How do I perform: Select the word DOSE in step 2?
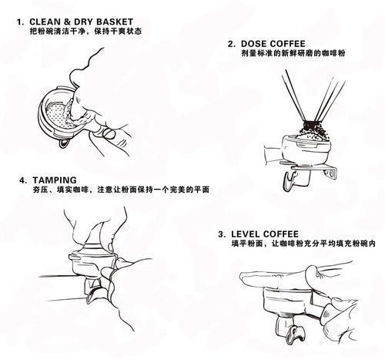[x=253, y=44]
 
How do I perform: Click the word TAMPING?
[x=55, y=180]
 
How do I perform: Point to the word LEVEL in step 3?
[x=246, y=234]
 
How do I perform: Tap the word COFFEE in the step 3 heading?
[x=281, y=234]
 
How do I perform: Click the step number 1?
[x=19, y=22]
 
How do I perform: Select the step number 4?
[x=22, y=180]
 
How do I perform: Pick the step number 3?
[x=222, y=234]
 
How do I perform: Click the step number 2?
[x=231, y=44]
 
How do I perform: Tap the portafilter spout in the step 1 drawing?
[x=63, y=144]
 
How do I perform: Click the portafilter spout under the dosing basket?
[x=290, y=181]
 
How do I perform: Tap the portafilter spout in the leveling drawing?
[x=295, y=335]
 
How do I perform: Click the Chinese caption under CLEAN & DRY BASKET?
[x=85, y=32]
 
